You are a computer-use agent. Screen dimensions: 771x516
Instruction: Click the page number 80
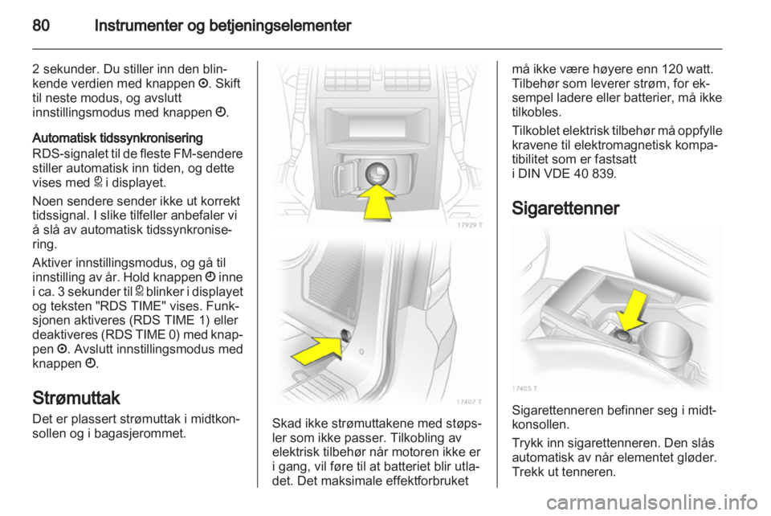click(41, 25)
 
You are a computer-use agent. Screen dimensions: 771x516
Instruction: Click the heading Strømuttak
click(76, 398)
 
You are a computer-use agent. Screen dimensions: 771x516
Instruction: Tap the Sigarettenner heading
click(565, 208)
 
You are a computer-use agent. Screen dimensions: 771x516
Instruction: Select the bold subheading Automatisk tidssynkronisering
click(117, 137)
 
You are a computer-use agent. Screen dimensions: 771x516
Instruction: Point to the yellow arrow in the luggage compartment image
click(317, 350)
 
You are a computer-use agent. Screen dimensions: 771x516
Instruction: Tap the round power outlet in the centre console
click(377, 174)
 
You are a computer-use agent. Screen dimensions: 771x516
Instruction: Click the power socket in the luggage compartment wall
click(347, 335)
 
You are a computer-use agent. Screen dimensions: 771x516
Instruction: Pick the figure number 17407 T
click(468, 401)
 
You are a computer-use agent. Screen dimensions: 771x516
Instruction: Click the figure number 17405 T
click(524, 388)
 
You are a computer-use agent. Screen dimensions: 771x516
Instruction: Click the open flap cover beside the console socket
click(346, 175)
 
